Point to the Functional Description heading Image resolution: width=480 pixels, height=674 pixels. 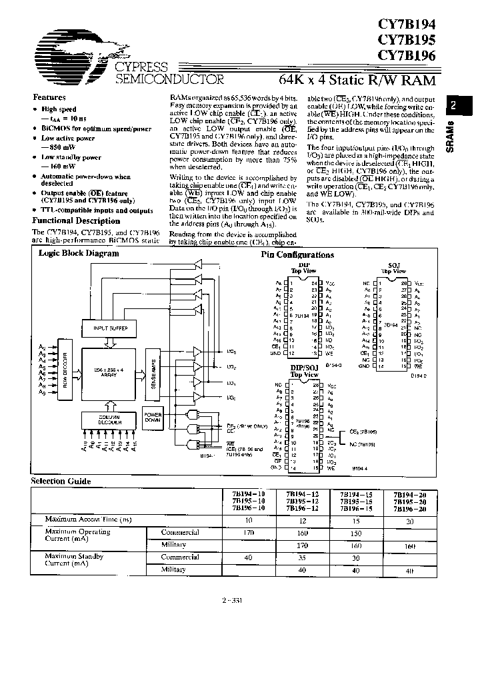click(x=76, y=220)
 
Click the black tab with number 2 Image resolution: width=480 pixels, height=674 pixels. click(x=453, y=105)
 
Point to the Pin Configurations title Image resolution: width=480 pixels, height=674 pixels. click(x=297, y=255)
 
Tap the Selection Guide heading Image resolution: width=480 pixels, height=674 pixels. click(x=61, y=481)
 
